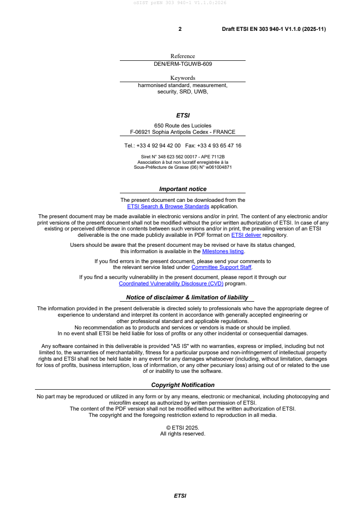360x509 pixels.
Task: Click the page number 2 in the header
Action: click(x=180, y=29)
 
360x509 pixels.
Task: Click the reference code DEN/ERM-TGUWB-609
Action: click(x=182, y=64)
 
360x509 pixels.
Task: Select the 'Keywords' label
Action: click(x=182, y=78)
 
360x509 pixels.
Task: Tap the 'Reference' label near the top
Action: click(x=182, y=56)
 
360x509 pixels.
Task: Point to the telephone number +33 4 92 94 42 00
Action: click(x=158, y=146)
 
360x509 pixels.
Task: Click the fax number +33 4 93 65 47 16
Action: click(x=220, y=146)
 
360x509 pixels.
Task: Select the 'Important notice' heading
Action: click(x=182, y=189)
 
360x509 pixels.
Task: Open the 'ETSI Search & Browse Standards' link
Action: click(x=168, y=206)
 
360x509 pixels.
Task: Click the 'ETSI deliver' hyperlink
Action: click(x=246, y=235)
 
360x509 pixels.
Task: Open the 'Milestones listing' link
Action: click(x=223, y=251)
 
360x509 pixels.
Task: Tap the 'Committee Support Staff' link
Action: click(x=222, y=267)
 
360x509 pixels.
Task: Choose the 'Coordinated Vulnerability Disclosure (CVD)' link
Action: click(x=171, y=284)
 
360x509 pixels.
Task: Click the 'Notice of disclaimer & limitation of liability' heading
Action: click(x=187, y=298)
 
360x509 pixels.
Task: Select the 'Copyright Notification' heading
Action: click(x=182, y=385)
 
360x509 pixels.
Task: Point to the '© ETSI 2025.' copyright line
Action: click(x=182, y=427)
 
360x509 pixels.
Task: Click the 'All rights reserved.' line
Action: click(x=182, y=434)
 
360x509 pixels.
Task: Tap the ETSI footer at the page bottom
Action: click(x=180, y=496)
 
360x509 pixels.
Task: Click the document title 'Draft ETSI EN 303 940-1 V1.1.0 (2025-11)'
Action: click(x=274, y=29)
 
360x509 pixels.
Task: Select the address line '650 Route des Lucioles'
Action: click(x=182, y=126)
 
